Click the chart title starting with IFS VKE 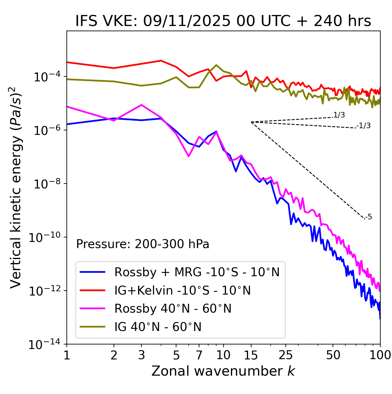223,21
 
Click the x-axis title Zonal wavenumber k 223,371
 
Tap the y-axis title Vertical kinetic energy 16,187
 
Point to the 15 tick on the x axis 251,355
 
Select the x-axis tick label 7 199,355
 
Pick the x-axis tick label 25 285,355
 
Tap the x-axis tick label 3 141,355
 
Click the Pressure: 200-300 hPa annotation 142,244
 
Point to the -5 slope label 369,217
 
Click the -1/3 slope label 364,126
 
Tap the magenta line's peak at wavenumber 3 141,105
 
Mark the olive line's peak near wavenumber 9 216,65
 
